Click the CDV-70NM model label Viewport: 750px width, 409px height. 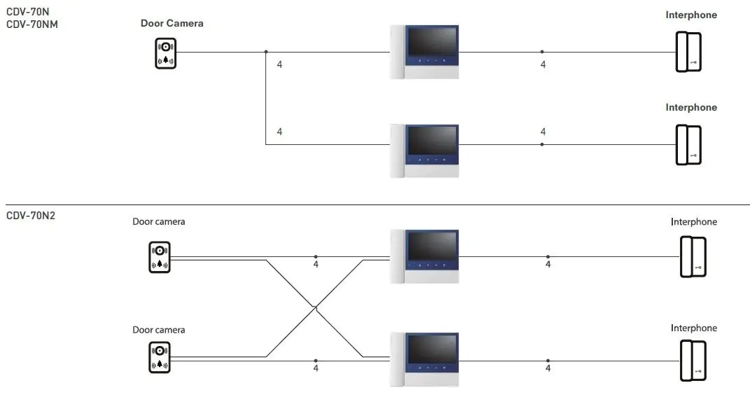32,25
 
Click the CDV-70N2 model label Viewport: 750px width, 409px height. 31,216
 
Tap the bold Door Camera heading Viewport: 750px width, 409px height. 172,23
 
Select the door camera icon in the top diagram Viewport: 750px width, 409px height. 165,54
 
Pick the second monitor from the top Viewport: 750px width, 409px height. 424,151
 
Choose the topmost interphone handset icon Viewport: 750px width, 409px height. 688,52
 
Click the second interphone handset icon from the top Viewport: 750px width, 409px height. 688,145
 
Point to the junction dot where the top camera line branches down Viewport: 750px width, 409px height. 266,52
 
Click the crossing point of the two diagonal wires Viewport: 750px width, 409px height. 315,307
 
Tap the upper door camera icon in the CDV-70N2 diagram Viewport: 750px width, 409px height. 159,257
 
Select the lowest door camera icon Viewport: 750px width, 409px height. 159,357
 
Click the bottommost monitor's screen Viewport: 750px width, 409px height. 432,349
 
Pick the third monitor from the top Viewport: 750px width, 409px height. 424,256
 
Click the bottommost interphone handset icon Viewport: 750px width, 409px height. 693,361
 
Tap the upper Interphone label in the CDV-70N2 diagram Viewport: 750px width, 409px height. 693,222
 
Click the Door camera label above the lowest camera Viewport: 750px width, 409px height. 159,330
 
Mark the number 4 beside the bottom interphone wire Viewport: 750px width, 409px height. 548,368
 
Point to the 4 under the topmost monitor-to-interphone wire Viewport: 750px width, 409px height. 543,64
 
